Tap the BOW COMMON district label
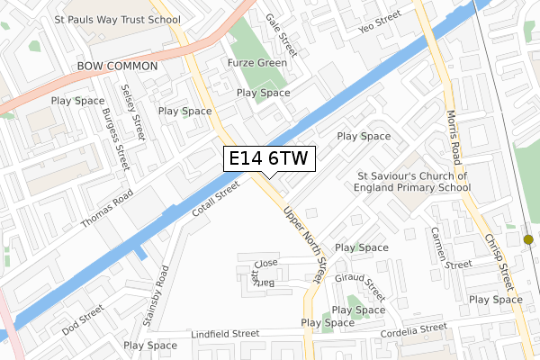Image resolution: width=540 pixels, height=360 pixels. pyautogui.click(x=118, y=67)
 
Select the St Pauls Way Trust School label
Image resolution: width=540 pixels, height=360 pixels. pyautogui.click(x=117, y=18)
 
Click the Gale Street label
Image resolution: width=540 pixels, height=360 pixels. pyautogui.click(x=282, y=31)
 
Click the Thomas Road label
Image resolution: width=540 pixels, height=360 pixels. pyautogui.click(x=107, y=208)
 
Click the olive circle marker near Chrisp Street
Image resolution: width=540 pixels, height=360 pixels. pyautogui.click(x=528, y=239)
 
